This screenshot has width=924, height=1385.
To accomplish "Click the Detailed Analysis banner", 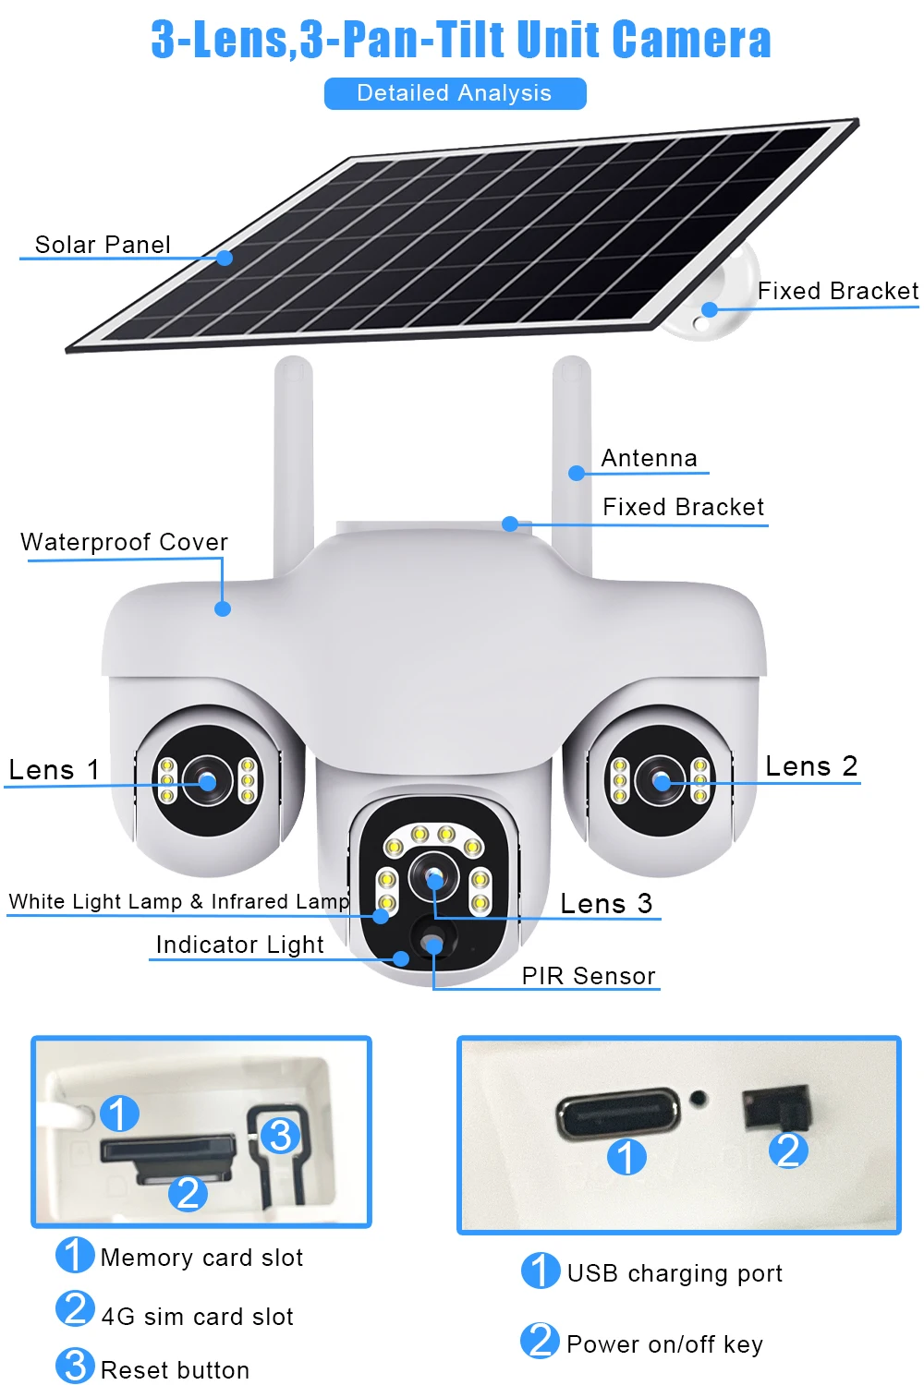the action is (x=455, y=93).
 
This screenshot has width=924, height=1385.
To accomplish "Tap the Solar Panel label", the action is (x=103, y=245).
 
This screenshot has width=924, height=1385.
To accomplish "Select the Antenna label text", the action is (x=650, y=458).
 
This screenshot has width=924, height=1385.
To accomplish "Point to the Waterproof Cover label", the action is (x=125, y=542).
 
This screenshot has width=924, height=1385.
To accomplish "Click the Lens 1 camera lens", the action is (x=207, y=781).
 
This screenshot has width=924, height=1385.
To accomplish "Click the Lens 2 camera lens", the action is (x=661, y=781).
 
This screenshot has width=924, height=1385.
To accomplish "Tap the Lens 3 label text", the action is (x=606, y=903).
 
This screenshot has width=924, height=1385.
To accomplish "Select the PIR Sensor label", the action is (x=589, y=976).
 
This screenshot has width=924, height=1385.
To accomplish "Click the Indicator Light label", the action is (x=239, y=945).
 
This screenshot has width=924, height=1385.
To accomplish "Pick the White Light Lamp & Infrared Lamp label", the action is (x=179, y=901).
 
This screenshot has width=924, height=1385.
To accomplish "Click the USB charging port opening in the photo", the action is (x=617, y=1113).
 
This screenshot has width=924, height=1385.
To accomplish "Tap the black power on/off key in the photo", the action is (x=776, y=1107).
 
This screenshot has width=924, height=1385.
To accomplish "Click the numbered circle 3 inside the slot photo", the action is (x=280, y=1135).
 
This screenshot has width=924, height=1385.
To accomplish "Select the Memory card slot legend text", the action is (x=201, y=1258).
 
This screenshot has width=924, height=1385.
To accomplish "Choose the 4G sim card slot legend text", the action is (x=198, y=1317).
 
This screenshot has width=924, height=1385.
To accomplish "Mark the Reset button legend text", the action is (x=176, y=1369).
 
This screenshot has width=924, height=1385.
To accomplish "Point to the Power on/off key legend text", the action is (x=665, y=1344).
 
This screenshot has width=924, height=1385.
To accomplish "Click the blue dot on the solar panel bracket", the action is (x=710, y=309).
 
